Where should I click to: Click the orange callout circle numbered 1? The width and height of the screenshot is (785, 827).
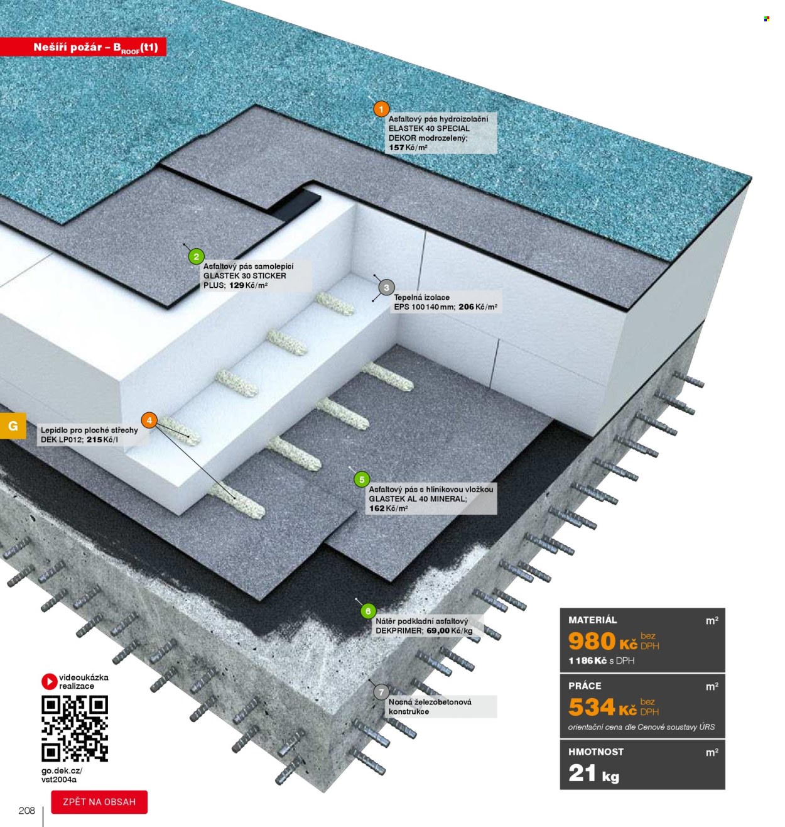[x=381, y=110]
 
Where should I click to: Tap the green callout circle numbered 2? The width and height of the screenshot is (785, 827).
[x=197, y=256]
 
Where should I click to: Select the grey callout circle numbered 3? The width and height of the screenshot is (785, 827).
[x=386, y=288]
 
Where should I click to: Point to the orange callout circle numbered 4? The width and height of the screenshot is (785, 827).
[x=149, y=420]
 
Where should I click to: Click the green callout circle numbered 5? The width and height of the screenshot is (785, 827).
[x=362, y=479]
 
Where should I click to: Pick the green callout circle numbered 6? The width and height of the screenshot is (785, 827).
[x=368, y=611]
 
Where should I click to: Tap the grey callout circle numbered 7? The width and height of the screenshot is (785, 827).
[x=381, y=692]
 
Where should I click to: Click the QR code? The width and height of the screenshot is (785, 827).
[x=75, y=728]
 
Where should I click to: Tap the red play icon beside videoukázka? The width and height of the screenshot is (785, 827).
[x=49, y=681]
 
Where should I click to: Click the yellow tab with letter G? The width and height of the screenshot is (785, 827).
[x=13, y=425]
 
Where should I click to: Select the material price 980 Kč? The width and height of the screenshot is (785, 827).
[x=602, y=642]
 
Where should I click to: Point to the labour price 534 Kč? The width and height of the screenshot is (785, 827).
[x=602, y=708]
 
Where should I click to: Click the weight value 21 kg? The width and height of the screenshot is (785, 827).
[x=593, y=774]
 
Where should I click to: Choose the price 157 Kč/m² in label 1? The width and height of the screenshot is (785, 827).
[x=408, y=148]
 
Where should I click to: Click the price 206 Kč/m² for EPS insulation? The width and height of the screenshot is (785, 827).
[x=478, y=307]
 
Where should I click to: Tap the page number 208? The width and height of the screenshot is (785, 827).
[x=26, y=811]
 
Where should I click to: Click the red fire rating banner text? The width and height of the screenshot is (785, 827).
[x=96, y=48]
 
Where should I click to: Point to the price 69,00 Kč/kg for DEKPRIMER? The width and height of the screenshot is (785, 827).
[x=450, y=631]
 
